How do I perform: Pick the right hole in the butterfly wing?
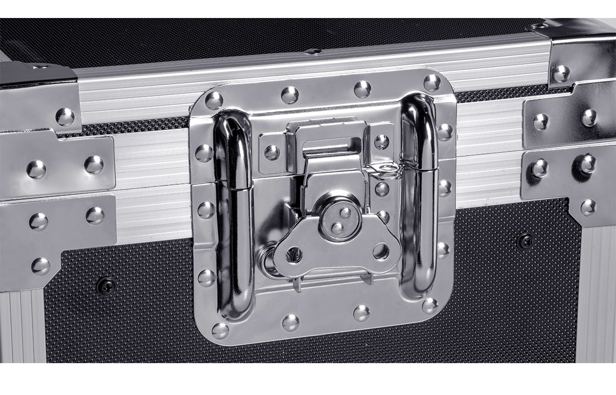coord(380,251)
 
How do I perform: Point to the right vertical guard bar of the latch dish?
coord(419,195)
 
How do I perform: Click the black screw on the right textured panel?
coord(525,240)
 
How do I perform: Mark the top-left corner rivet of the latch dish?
coord(214,100)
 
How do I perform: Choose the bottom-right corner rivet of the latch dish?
coord(430,305)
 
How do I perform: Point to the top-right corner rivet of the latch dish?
coord(432,82)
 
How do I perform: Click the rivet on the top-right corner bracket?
coord(562,73)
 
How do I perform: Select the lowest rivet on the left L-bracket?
coord(41,266)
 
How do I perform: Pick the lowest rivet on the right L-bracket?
coord(589,207)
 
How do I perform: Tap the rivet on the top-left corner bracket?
coord(65,117)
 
